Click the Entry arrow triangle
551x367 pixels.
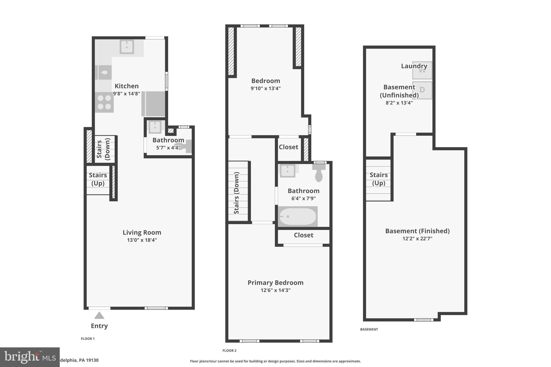[x=99, y=316]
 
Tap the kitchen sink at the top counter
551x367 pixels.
[x=127, y=47]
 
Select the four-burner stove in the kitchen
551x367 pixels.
[x=104, y=102]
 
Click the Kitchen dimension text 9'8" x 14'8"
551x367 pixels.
[x=126, y=94]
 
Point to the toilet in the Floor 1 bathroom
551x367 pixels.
[x=186, y=147]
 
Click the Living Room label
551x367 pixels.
[x=142, y=233]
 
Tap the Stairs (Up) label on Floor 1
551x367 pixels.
[x=98, y=179]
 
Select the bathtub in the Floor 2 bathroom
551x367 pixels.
[x=298, y=216]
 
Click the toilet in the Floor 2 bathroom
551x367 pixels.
[x=319, y=173]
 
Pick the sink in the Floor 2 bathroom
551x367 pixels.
[x=288, y=170]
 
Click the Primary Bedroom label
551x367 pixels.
[x=275, y=283]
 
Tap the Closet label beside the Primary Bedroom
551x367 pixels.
[x=303, y=235]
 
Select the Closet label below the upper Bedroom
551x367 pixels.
[x=288, y=147]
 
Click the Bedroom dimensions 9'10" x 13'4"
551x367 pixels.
[x=266, y=88]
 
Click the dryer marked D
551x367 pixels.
[x=422, y=90]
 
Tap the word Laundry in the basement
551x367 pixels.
[x=414, y=66]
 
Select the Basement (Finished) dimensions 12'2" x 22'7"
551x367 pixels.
[x=417, y=238]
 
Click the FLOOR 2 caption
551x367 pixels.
[x=229, y=350]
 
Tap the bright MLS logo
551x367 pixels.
[x=30, y=357]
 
